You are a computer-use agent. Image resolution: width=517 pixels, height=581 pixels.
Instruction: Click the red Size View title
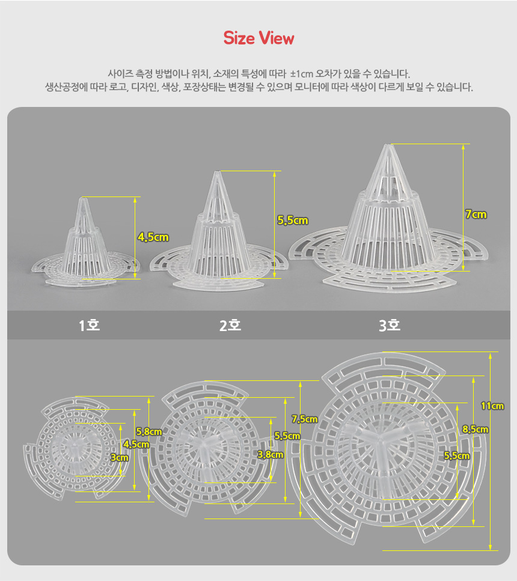(258, 38)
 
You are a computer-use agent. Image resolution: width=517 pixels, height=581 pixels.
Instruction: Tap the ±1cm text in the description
(302, 74)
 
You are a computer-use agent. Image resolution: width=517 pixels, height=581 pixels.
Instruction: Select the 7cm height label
(476, 214)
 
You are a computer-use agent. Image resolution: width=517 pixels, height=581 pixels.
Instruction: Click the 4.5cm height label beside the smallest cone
(153, 237)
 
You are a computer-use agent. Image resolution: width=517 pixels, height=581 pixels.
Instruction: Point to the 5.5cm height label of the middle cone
(293, 221)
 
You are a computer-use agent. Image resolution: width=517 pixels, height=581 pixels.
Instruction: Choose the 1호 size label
(90, 325)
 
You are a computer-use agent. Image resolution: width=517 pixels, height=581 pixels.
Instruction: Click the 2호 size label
(230, 325)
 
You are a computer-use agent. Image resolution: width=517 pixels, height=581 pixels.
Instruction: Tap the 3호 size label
(390, 325)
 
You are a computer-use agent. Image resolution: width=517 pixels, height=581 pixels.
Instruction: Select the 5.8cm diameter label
(149, 431)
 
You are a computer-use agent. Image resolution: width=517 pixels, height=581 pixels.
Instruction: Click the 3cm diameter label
(120, 458)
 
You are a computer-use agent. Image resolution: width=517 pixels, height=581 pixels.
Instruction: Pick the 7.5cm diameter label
(304, 419)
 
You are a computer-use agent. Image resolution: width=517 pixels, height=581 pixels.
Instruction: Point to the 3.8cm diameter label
(271, 455)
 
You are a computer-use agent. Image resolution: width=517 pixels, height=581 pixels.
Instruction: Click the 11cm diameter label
(492, 406)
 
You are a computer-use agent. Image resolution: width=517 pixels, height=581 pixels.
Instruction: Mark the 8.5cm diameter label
(475, 430)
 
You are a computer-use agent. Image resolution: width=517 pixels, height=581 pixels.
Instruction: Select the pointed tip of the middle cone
(216, 172)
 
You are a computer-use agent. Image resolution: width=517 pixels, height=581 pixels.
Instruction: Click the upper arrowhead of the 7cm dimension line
(463, 147)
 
